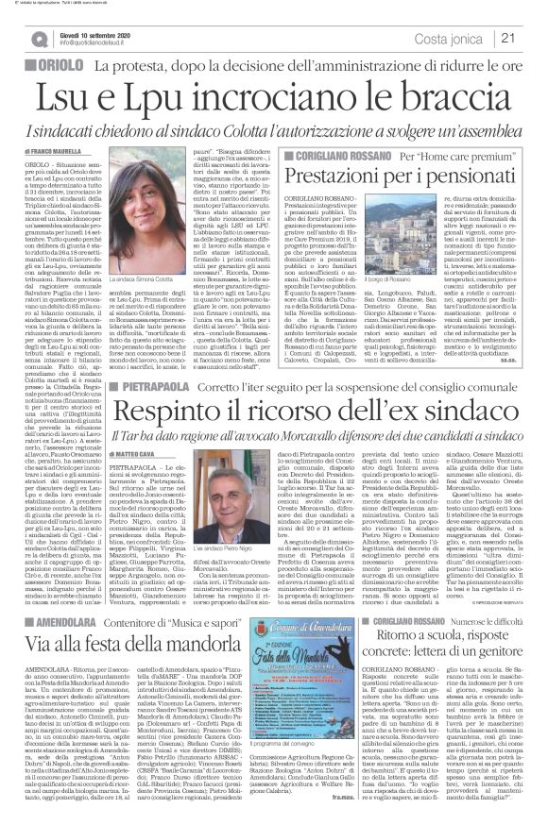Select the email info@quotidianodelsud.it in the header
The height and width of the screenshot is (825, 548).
pos(100,43)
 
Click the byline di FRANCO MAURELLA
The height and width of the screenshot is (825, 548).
pos(44,148)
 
